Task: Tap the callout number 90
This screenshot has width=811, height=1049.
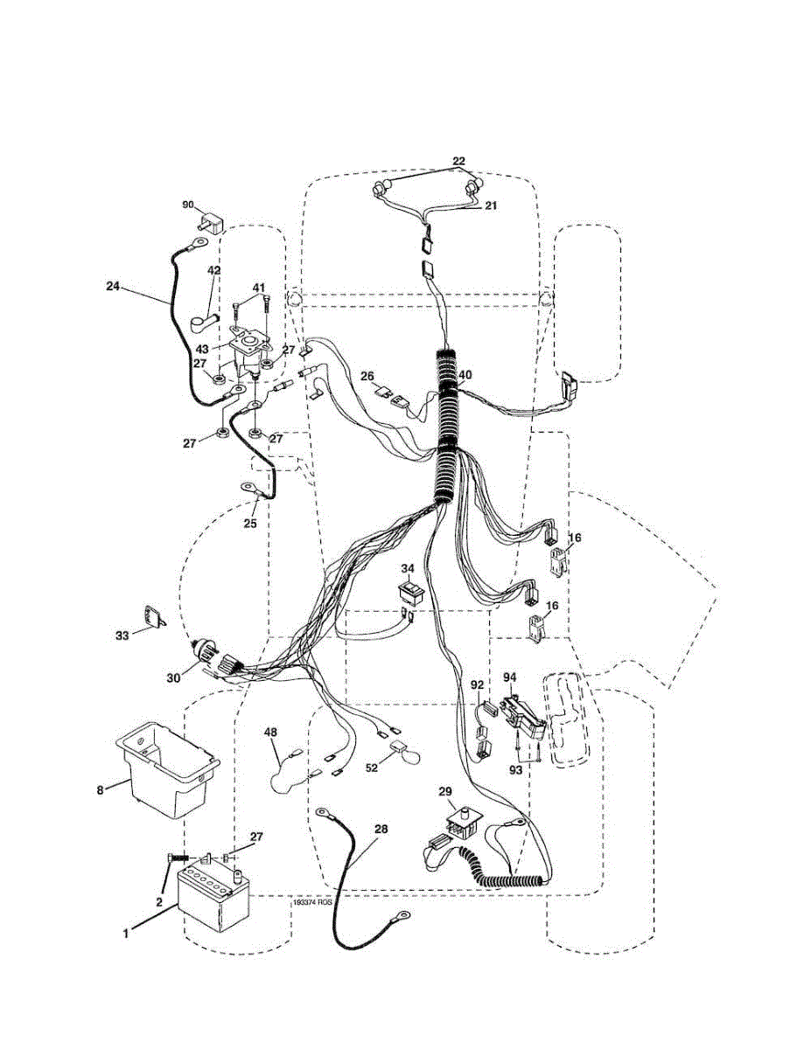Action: point(187,205)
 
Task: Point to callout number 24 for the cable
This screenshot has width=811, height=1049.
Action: point(112,286)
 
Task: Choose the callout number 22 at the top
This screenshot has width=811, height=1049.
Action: point(458,162)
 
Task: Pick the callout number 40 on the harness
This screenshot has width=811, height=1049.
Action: point(465,374)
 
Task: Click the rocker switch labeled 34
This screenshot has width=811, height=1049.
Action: point(410,592)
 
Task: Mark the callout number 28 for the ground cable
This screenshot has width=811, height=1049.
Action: point(381,829)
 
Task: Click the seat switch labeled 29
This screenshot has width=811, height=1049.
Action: point(460,822)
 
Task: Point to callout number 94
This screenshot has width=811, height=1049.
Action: point(509,677)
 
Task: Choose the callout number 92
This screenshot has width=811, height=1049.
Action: point(478,685)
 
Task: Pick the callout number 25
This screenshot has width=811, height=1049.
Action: point(251,524)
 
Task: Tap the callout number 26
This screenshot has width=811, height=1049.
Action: point(367,377)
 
